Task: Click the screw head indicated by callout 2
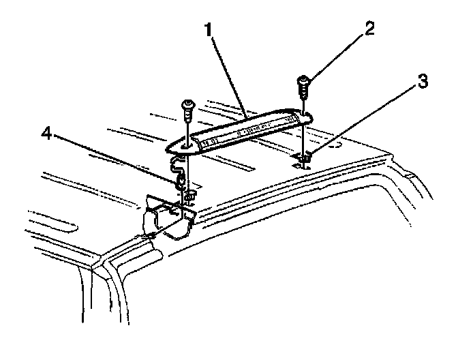pos(303,85)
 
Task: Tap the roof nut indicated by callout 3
pos(305,159)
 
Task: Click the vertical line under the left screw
pos(186,126)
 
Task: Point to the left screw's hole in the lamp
pos(186,145)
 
